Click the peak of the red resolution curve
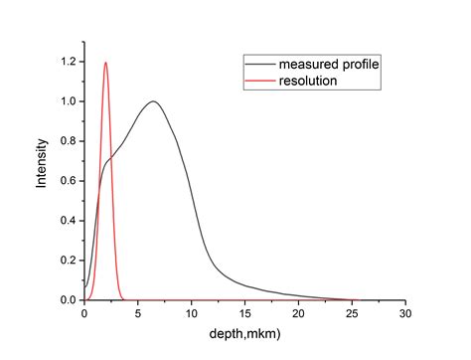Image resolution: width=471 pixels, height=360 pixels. click(x=105, y=63)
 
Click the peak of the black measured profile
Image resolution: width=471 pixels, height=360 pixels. click(x=153, y=101)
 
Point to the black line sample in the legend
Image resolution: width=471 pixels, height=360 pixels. click(x=256, y=65)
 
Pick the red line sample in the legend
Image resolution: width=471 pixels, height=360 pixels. click(x=256, y=81)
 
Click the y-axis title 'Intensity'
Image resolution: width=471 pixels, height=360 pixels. click(x=42, y=169)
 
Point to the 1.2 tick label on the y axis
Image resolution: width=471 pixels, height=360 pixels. click(x=68, y=62)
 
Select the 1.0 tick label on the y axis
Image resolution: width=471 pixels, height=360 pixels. click(x=68, y=101)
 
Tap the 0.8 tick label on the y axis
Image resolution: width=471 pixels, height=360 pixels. click(x=68, y=141)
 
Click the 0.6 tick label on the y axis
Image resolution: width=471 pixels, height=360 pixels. click(x=68, y=181)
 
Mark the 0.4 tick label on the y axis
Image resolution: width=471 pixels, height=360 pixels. click(x=68, y=221)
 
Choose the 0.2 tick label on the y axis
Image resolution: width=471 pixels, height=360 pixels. click(x=68, y=261)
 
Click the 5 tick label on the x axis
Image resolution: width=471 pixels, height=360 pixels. click(x=138, y=313)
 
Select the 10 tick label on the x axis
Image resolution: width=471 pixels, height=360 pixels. click(x=192, y=313)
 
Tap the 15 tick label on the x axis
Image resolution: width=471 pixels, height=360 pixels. click(x=245, y=313)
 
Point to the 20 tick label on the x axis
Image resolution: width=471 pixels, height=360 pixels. click(x=298, y=313)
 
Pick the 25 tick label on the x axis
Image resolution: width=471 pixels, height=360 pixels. click(x=352, y=313)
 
